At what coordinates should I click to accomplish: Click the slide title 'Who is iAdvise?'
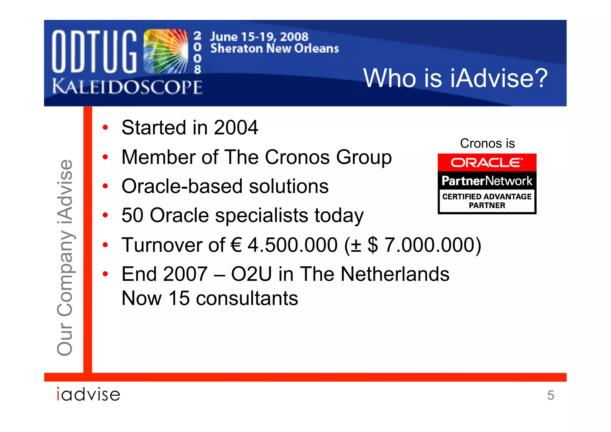click(455, 78)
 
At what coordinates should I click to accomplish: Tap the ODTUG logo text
click(94, 52)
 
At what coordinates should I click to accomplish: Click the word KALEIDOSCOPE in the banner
click(127, 87)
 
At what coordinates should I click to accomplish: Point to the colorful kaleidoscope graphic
click(166, 51)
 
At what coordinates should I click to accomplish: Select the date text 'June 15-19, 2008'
click(259, 37)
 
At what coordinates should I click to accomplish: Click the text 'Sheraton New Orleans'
click(274, 48)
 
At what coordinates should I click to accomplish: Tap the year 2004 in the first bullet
click(236, 127)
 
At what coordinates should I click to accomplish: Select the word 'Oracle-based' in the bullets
click(182, 186)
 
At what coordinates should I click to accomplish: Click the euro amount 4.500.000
click(292, 245)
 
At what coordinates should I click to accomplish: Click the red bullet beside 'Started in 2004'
click(105, 128)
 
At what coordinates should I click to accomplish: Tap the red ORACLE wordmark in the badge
click(487, 163)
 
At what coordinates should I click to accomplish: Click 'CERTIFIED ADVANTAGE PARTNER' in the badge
click(487, 201)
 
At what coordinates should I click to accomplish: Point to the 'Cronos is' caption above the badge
click(487, 144)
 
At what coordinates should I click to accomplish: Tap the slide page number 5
click(550, 395)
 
